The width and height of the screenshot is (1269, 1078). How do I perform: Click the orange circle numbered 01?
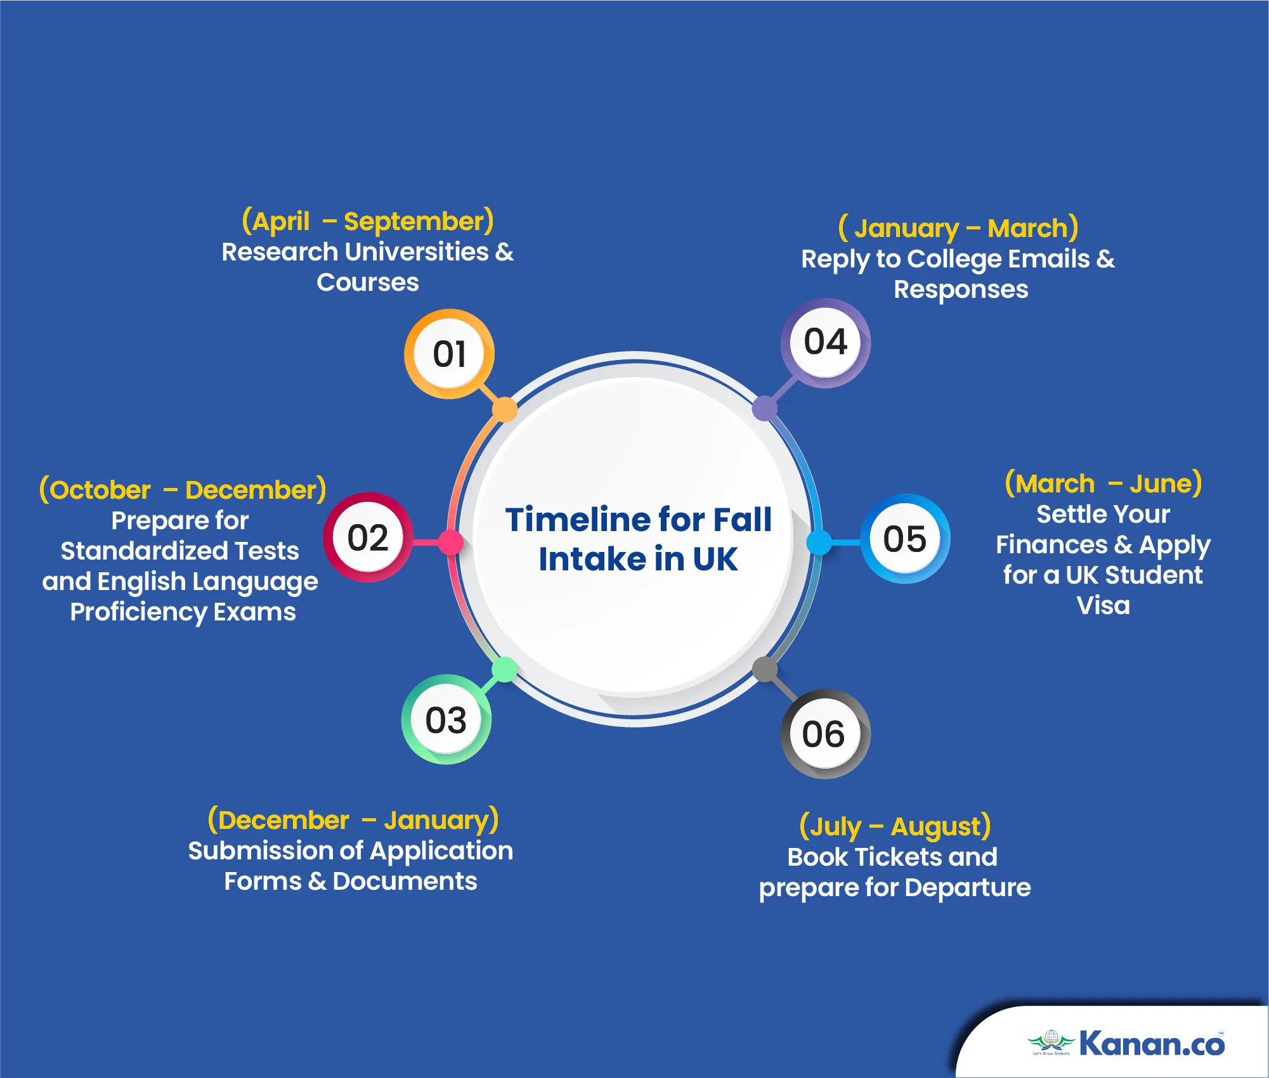[449, 354]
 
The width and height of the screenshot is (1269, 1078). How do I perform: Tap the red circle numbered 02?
[368, 537]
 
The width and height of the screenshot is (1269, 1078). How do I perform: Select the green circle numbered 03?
[446, 719]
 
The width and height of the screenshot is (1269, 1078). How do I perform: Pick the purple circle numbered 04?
[825, 343]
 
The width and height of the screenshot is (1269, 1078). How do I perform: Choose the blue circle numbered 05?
[905, 539]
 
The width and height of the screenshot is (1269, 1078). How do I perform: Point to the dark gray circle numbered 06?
[825, 734]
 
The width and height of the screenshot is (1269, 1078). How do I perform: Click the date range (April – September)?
[368, 221]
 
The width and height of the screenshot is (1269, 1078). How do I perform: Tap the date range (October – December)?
[183, 490]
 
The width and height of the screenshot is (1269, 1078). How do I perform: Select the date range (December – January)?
[353, 820]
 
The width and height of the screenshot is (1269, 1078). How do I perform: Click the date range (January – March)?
[958, 228]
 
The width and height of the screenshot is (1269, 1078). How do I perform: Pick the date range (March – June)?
[1103, 484]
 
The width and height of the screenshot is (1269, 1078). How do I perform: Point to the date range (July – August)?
[895, 826]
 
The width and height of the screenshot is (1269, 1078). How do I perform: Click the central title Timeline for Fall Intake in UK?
[638, 539]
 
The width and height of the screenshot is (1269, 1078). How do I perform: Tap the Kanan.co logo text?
[1152, 1043]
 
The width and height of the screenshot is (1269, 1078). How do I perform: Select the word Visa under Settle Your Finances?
[1103, 605]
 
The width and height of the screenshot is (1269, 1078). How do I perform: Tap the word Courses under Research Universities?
[368, 282]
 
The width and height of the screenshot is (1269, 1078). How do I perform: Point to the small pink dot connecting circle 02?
[451, 542]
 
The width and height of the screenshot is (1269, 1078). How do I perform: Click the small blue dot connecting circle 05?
[819, 542]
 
